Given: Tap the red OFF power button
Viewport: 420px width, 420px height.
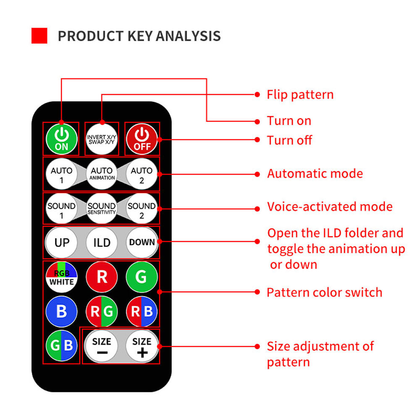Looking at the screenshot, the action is coord(142,139).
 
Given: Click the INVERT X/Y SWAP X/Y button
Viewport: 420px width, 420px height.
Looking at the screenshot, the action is coord(102,139).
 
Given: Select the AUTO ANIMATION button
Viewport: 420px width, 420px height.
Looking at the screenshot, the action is coord(102,173).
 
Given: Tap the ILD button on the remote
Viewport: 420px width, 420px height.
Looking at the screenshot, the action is coord(102,242).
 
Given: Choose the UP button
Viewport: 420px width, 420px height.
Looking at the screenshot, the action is coord(62,242).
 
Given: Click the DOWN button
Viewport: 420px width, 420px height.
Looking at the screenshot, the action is coord(142,242).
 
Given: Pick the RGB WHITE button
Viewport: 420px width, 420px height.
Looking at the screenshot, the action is coord(62,277).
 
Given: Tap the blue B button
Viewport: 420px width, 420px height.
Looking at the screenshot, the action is coord(62,311).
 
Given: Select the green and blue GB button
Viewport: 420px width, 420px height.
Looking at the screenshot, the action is coord(62,346).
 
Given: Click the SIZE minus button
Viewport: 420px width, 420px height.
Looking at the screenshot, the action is coord(102,346).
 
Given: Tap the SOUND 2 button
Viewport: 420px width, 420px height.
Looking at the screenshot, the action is coord(142,208).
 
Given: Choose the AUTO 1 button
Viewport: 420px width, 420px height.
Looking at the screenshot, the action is coord(62,173).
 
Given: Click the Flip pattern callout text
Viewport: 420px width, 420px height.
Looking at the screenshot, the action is coord(300,95).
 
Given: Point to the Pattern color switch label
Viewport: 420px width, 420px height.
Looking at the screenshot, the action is coord(324,292).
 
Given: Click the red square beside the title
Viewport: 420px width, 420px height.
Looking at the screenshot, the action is coord(39,36).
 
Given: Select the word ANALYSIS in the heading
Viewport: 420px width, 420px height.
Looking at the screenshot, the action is coord(188,36).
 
